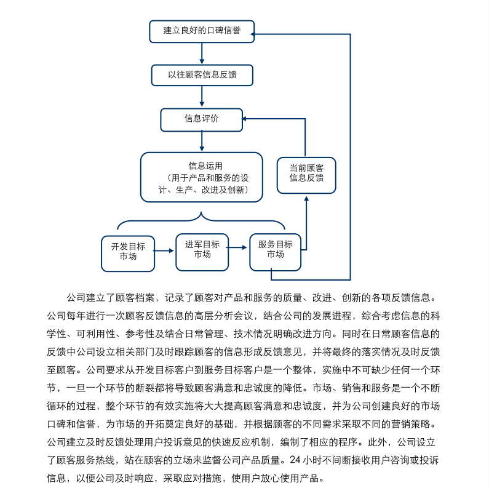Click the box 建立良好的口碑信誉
pyautogui.click(x=202, y=31)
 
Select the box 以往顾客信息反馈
pyautogui.click(x=202, y=75)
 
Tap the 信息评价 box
pyautogui.click(x=202, y=119)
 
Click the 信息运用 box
pyautogui.click(x=202, y=177)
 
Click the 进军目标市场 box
pyautogui.click(x=202, y=251)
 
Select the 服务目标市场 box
pyautogui.click(x=275, y=251)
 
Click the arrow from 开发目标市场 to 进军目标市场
pyautogui.click(x=164, y=251)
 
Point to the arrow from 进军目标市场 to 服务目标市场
pyautogui.click(x=239, y=249)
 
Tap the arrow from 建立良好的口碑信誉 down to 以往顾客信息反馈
pyautogui.click(x=202, y=54)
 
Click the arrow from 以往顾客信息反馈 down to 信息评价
pyautogui.click(x=202, y=97)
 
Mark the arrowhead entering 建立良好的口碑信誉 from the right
pyautogui.click(x=259, y=34)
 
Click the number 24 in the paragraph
pyautogui.click(x=294, y=460)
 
